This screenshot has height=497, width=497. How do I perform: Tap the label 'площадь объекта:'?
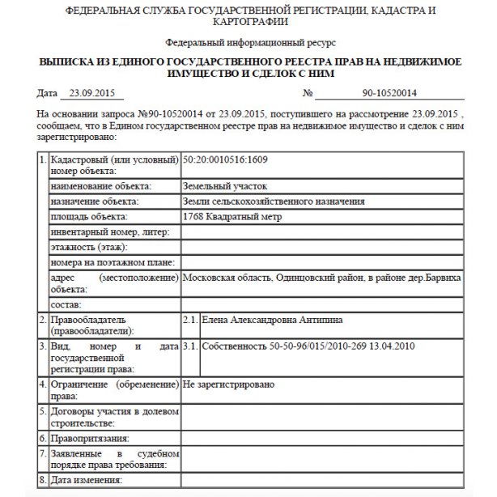[88, 217]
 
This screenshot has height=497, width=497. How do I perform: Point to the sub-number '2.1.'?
[191, 321]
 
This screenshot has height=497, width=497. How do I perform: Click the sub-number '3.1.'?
[191, 346]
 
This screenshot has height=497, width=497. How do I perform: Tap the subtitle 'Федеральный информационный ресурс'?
[248, 41]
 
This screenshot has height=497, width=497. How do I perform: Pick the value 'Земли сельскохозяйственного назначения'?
[274, 202]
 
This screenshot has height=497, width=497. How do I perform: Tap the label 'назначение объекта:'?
[93, 202]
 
